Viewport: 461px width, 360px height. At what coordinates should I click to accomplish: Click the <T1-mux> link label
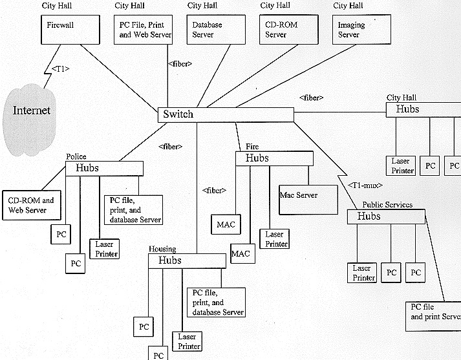click(x=363, y=185)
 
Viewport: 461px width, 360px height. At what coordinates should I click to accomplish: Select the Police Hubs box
click(x=104, y=169)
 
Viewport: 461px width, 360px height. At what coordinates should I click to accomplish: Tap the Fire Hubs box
click(x=274, y=158)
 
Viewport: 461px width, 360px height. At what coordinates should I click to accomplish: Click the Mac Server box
click(x=308, y=200)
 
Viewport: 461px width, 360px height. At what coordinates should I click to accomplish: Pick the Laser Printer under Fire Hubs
click(x=274, y=238)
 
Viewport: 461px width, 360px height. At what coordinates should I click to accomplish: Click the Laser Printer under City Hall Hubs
click(x=401, y=165)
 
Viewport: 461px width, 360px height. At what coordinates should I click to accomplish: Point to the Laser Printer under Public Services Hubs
click(x=363, y=273)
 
